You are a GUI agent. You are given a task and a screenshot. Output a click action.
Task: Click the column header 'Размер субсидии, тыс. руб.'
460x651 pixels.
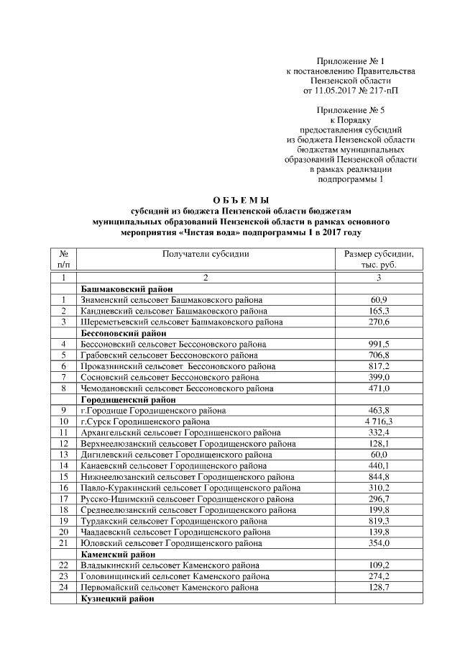[x=379, y=260]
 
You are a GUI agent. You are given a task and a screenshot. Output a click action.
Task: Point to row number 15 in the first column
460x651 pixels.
[x=63, y=476]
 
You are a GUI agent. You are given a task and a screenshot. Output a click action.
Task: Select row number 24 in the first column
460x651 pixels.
[x=63, y=587]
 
